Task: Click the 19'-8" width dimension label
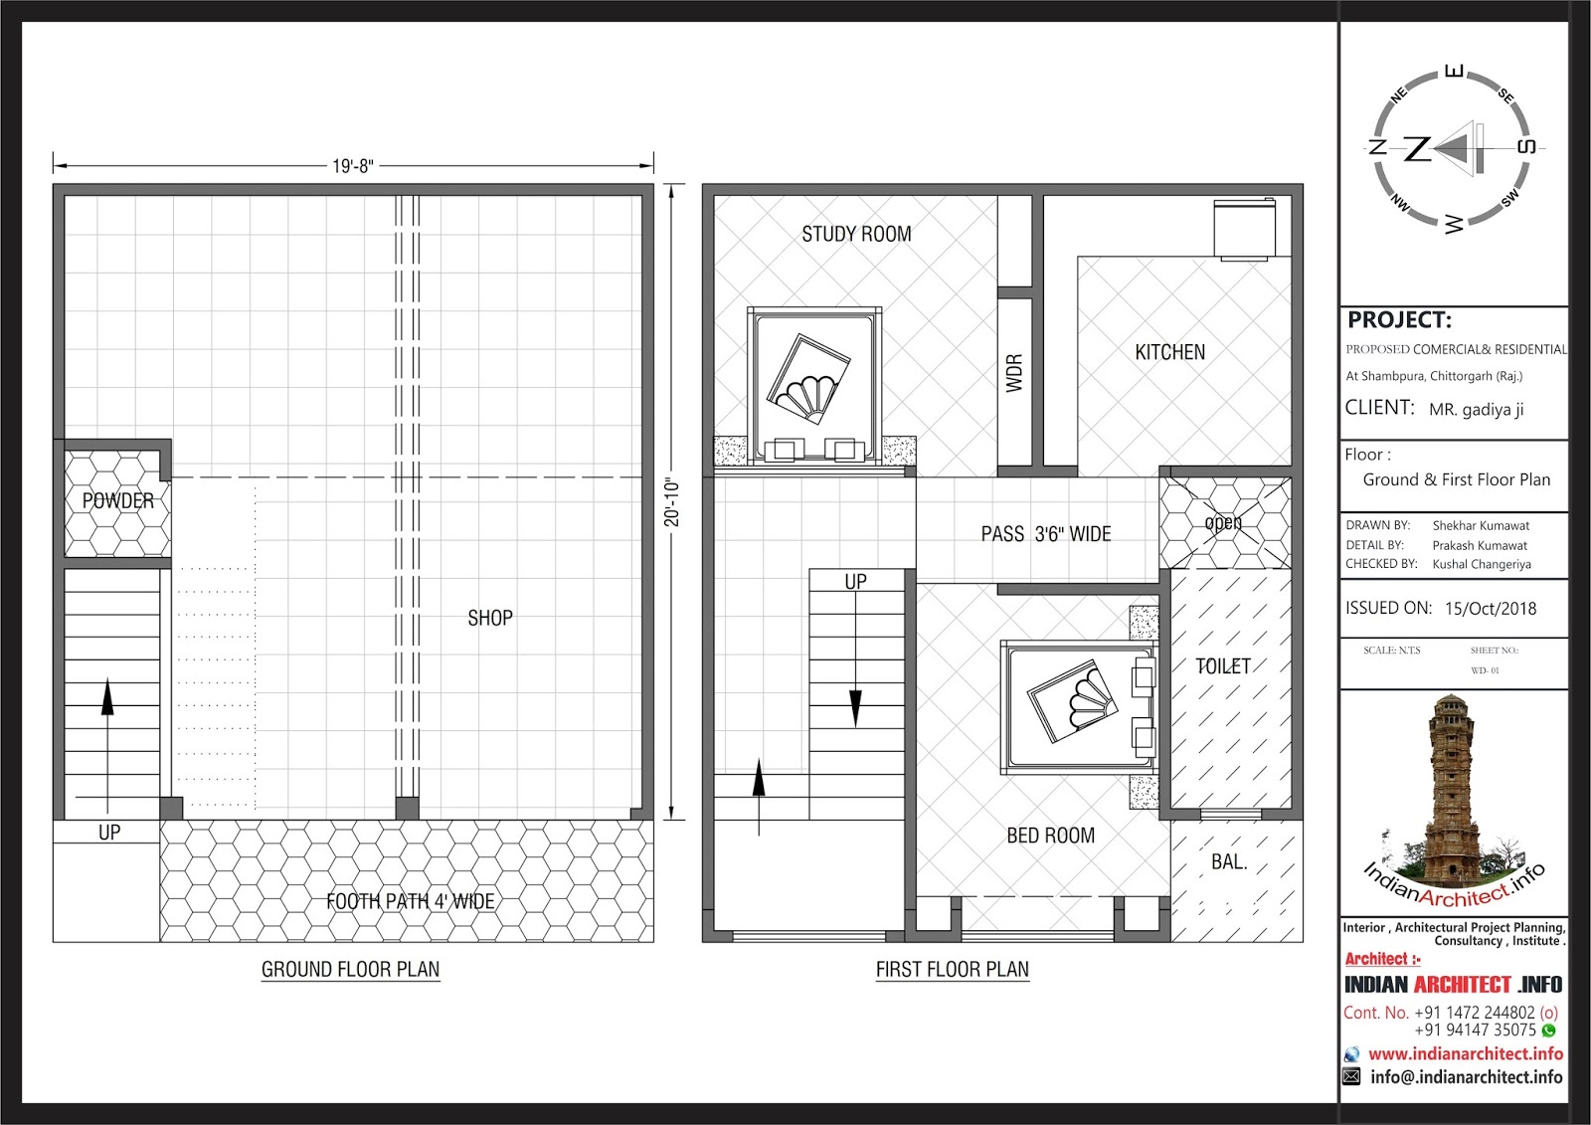(x=352, y=166)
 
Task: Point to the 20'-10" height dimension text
(x=672, y=503)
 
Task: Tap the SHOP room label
(x=490, y=619)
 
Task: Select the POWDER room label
(x=118, y=500)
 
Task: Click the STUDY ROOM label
(x=856, y=234)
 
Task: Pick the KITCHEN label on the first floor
(x=1169, y=352)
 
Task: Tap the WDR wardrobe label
(x=1014, y=372)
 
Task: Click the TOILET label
(x=1223, y=665)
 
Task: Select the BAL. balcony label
(x=1229, y=862)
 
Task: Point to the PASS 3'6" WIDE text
(x=1045, y=534)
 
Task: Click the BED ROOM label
(x=1050, y=836)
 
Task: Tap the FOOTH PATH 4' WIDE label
(x=411, y=901)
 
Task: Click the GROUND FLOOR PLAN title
(x=351, y=970)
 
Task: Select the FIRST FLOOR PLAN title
(x=953, y=970)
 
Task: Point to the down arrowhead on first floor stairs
(x=856, y=708)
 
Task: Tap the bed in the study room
(x=814, y=387)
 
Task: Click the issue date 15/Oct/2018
(x=1491, y=609)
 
